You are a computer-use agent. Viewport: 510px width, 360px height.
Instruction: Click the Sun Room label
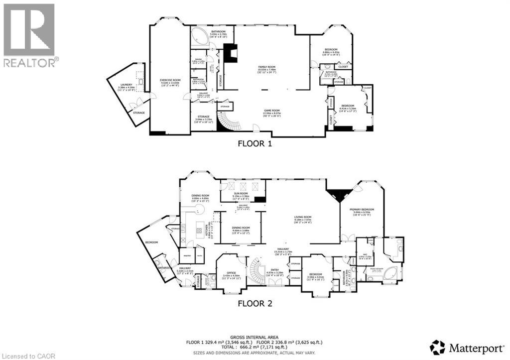241,196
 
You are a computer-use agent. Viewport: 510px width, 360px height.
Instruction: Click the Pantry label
188,255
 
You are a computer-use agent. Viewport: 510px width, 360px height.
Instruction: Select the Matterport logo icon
437,347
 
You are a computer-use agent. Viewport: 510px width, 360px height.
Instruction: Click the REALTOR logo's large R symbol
29,29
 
